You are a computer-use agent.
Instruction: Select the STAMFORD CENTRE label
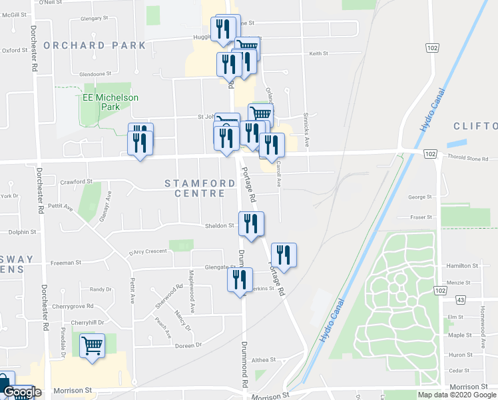point(196,188)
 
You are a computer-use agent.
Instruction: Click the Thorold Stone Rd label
point(469,159)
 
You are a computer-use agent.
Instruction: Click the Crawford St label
point(75,181)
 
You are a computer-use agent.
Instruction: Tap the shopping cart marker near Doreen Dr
point(92,346)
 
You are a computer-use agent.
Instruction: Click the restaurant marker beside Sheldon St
point(251,224)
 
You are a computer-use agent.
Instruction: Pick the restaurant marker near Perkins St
point(240,280)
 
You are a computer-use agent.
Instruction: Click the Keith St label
point(318,53)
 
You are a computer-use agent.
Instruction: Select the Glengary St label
point(89,19)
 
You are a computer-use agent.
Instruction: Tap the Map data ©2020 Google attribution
point(457,395)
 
